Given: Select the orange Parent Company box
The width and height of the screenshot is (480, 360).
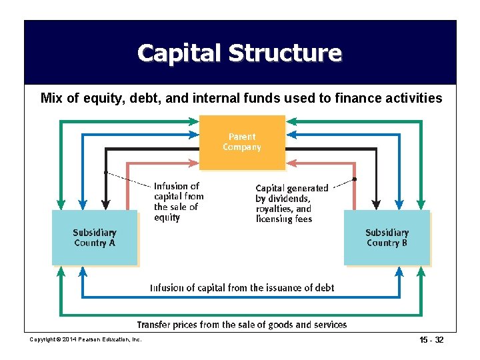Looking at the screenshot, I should point(242,142).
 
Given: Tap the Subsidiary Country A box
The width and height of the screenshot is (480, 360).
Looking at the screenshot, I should point(95,238).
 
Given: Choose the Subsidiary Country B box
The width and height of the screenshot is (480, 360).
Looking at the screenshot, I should point(387,238).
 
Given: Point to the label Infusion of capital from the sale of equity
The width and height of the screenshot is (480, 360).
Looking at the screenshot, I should point(178,201).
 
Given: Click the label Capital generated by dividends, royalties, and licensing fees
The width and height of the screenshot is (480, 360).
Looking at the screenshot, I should point(291,203).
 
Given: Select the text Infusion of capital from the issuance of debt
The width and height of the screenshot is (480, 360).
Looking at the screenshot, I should point(242,288).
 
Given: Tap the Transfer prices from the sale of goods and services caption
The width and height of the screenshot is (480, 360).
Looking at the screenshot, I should point(242,325).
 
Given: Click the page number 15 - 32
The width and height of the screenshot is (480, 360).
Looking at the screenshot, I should point(429,340).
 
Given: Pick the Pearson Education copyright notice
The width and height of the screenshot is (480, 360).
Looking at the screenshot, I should point(86,340).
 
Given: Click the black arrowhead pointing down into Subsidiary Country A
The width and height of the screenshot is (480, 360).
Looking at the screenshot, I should point(105,204).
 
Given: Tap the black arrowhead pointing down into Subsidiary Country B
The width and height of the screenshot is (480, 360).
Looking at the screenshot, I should point(376,204).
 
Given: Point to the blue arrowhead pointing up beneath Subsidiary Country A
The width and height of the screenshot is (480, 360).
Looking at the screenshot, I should point(83,271).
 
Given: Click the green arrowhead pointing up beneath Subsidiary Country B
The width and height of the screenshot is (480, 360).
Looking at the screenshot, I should point(421,271).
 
